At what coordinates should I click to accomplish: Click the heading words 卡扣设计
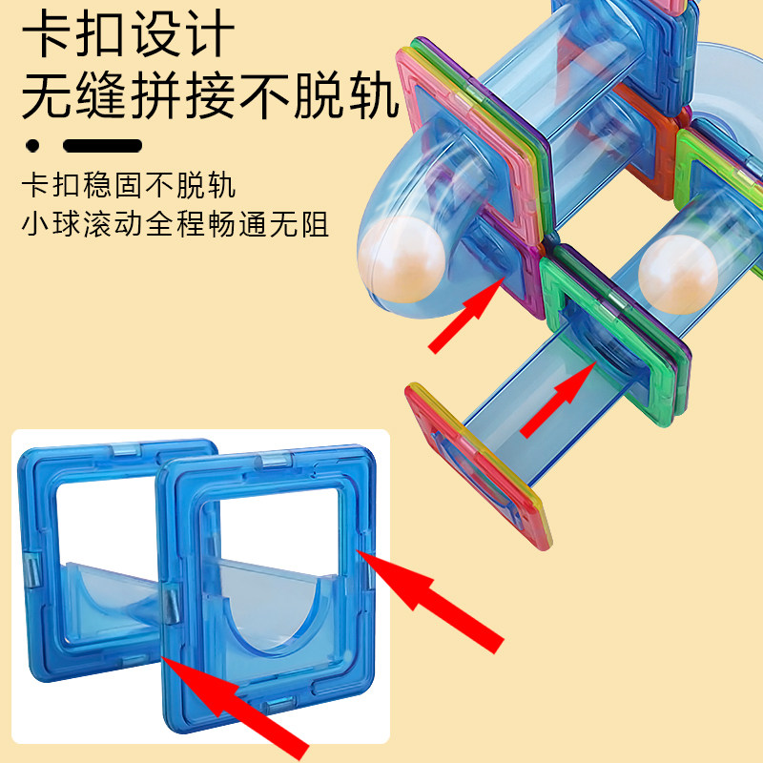coord(128,35)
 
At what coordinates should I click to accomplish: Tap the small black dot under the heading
coord(33,146)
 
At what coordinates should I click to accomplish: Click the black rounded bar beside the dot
coord(103,146)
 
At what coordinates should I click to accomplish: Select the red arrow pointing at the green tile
coord(556,401)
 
